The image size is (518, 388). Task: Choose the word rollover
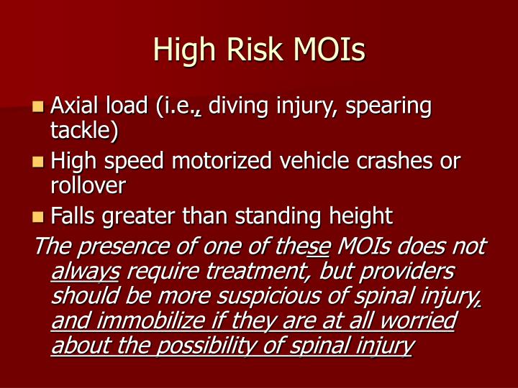tap(88, 185)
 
